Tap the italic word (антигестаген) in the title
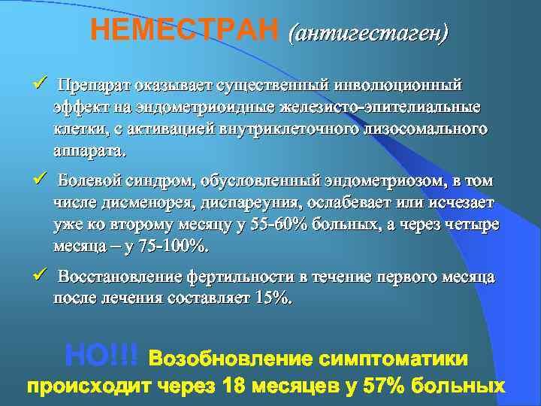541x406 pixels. pyautogui.click(x=368, y=32)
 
